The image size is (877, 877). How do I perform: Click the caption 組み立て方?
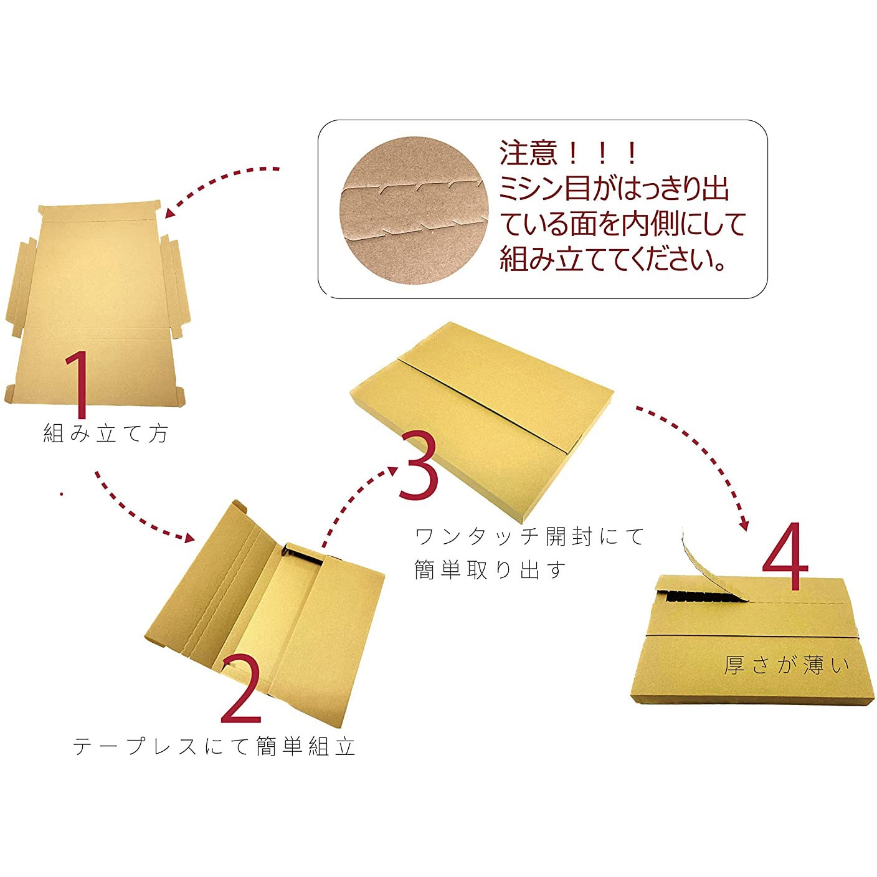pyautogui.click(x=106, y=433)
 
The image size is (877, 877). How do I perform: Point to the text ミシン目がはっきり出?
pyautogui.click(x=614, y=188)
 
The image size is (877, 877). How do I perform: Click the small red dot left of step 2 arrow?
pyautogui.click(x=60, y=493)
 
